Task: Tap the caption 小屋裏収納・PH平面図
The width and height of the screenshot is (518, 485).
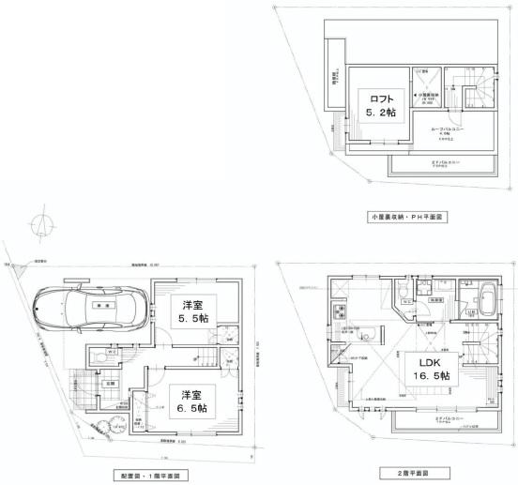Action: coord(407,217)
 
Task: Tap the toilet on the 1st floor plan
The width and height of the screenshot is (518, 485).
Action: coord(99,356)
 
